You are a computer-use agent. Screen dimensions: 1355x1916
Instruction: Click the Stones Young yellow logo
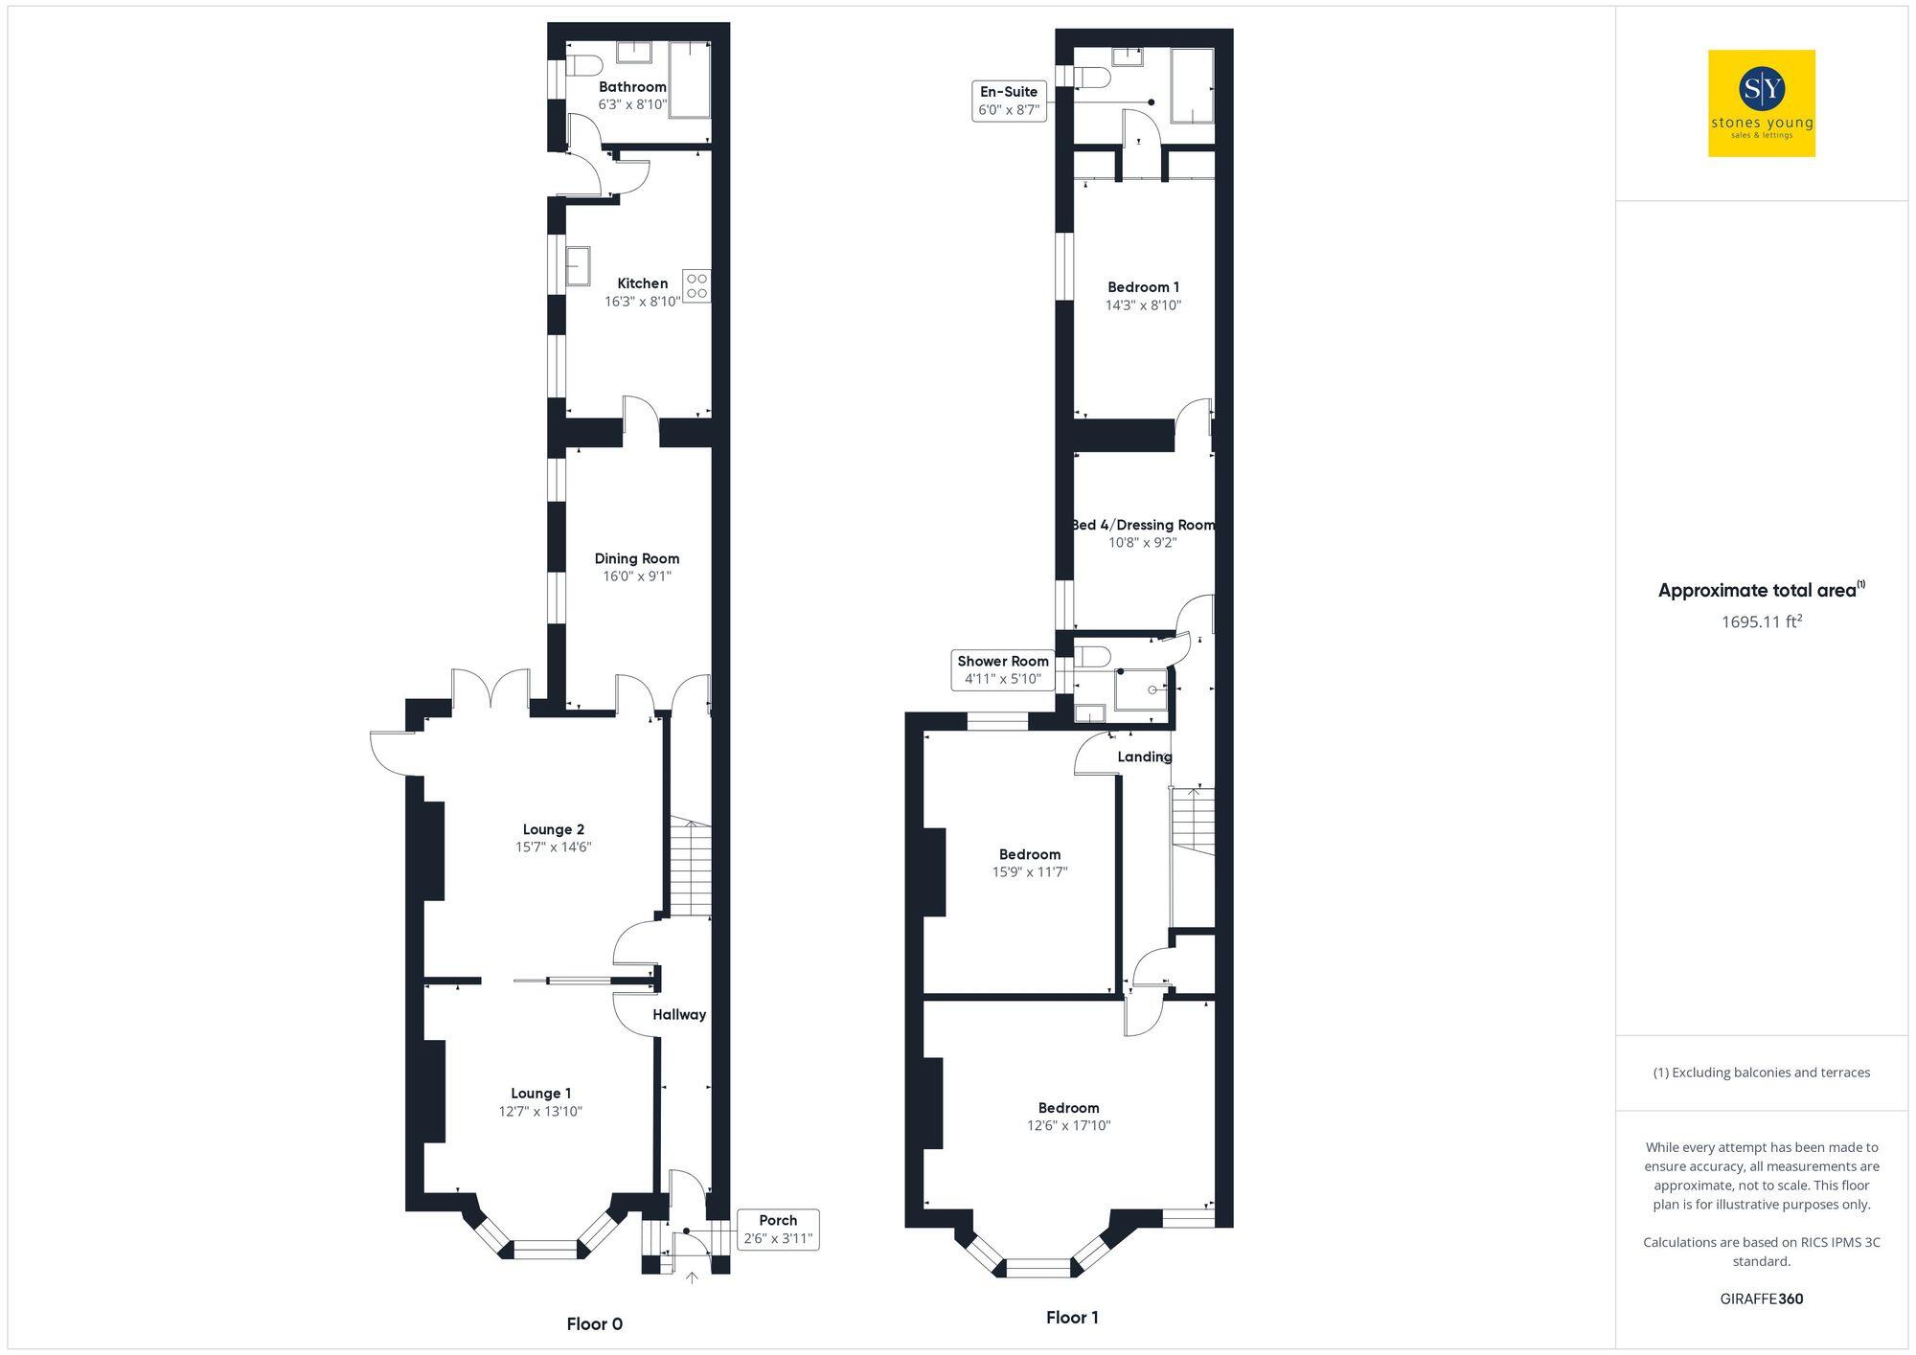pos(1761,103)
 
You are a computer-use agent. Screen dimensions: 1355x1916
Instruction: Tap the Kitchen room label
pos(642,283)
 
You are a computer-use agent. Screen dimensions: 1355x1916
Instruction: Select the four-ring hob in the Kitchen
pos(696,285)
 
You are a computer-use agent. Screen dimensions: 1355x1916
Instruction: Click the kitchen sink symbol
pos(578,266)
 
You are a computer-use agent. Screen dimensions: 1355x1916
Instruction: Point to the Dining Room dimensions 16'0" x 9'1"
pos(637,576)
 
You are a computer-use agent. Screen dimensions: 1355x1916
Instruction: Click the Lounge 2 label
pos(553,829)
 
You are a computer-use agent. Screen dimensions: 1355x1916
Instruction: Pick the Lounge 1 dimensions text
pos(540,1112)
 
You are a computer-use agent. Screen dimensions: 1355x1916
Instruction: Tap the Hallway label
pos(679,1015)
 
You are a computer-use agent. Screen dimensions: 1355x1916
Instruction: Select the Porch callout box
pos(778,1230)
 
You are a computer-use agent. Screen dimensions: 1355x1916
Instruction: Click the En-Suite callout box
pos(1008,101)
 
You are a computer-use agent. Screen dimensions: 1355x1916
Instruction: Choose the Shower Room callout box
pos(1002,670)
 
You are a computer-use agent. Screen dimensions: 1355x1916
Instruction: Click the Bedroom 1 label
pos(1143,287)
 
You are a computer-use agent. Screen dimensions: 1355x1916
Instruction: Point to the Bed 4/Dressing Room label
pos(1143,525)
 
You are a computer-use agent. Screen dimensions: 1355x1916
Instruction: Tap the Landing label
pos(1145,757)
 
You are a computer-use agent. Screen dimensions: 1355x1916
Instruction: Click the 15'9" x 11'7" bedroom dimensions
pos(1030,872)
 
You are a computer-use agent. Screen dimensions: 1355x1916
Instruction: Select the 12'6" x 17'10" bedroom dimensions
pos(1068,1126)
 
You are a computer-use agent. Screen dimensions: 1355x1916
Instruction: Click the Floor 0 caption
pos(594,1324)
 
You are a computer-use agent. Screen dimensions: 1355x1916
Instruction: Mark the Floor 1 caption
pos(1072,1318)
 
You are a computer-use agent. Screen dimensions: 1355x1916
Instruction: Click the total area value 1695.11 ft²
pos(1761,622)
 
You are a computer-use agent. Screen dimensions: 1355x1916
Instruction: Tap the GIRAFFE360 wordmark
pos(1761,1299)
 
